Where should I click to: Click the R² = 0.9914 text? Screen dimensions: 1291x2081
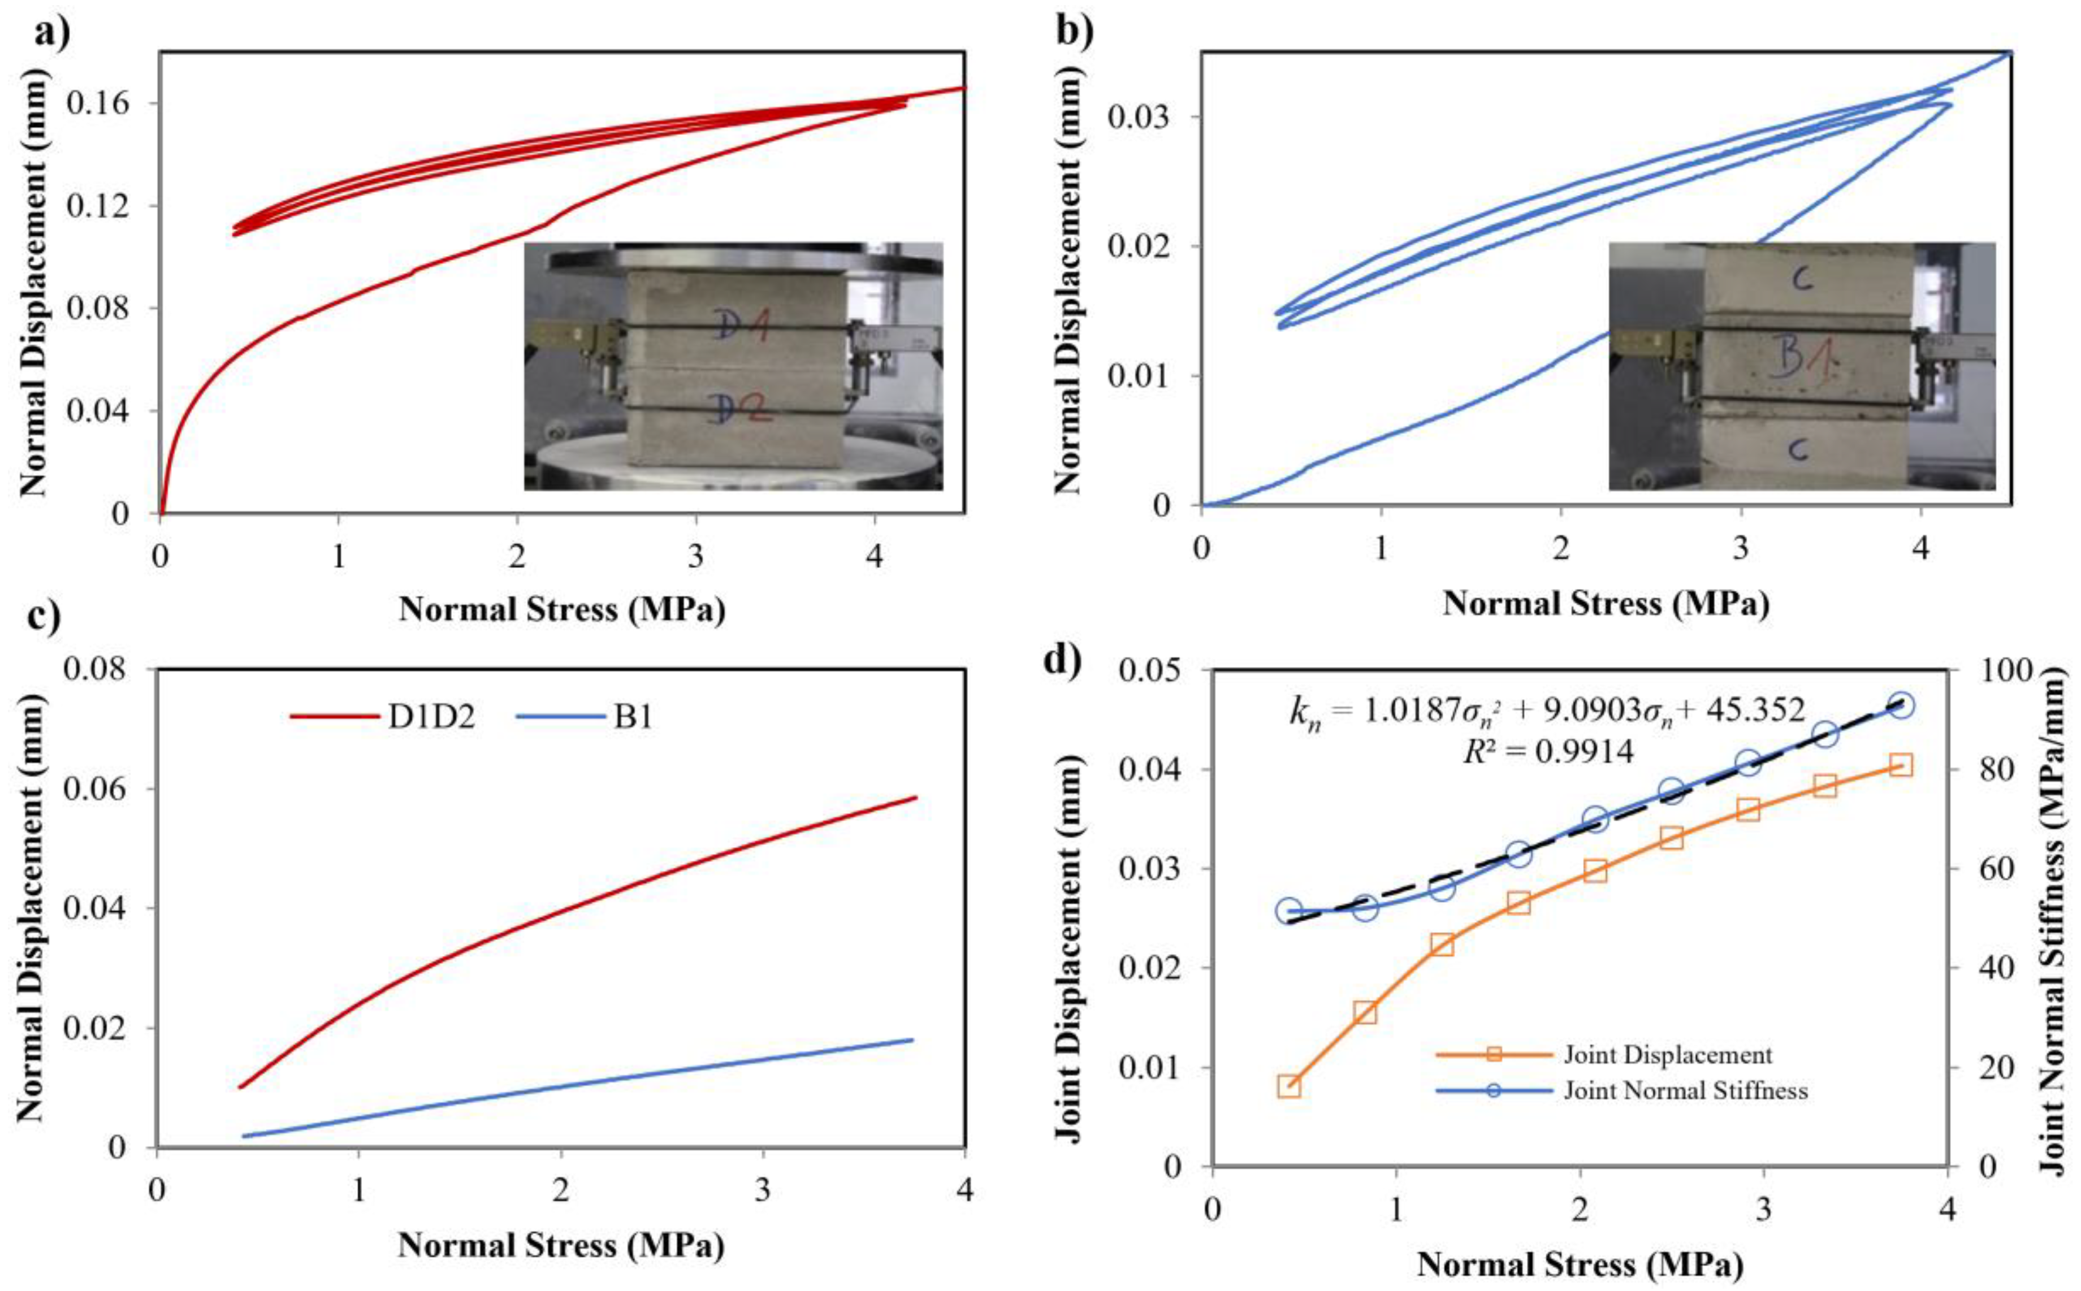[x=1547, y=751]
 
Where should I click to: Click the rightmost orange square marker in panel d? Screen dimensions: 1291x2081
[x=1900, y=765]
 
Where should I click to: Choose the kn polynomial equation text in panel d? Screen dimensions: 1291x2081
[x=1546, y=711]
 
